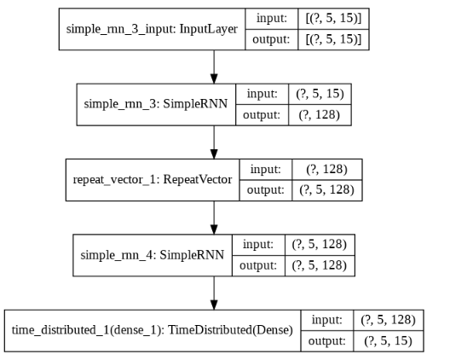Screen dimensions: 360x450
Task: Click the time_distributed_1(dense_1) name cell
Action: pos(153,328)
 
